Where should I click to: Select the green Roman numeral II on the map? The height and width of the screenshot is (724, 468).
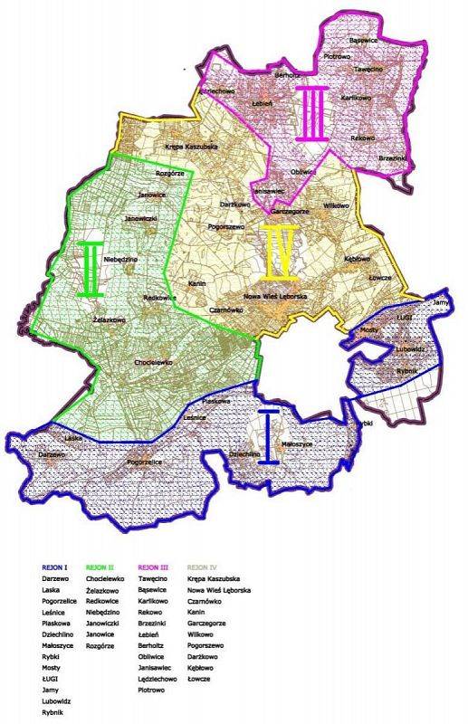click(91, 269)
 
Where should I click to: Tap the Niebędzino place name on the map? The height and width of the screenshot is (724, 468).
click(120, 259)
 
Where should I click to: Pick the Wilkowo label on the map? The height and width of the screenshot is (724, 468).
click(335, 206)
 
